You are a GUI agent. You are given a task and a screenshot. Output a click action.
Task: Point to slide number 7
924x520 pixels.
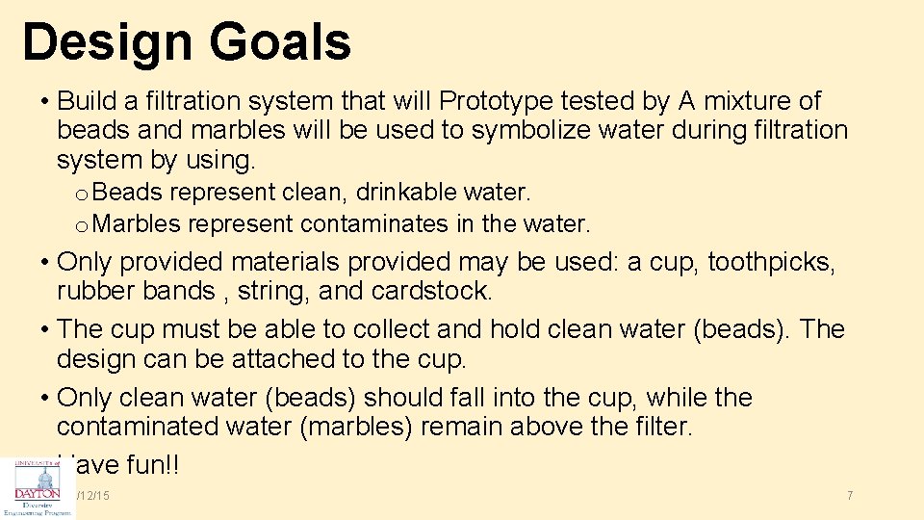(850, 495)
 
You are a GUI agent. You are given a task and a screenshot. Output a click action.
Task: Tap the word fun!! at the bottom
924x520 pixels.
(150, 465)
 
